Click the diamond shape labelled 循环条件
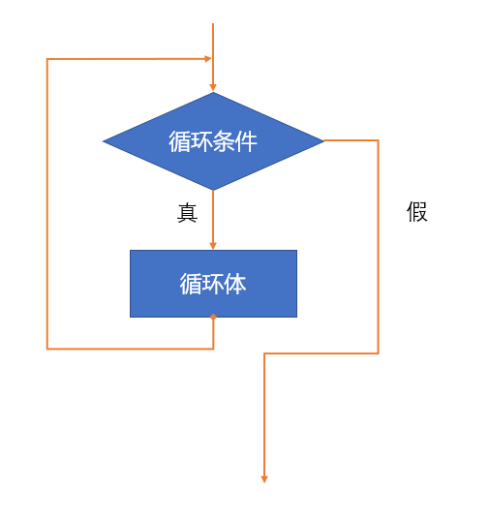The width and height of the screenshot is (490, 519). (x=213, y=141)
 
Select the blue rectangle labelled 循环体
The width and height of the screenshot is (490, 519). (x=213, y=284)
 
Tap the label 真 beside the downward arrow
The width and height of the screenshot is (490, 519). (x=188, y=213)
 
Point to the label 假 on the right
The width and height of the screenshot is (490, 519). (x=417, y=212)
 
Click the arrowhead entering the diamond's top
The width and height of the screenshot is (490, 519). (x=213, y=87)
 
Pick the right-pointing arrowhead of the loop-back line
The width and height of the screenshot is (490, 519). (x=208, y=59)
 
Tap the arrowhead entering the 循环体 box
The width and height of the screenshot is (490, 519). (x=213, y=246)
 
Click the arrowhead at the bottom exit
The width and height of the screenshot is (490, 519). (x=264, y=479)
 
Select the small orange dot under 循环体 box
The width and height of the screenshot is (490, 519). (x=213, y=317)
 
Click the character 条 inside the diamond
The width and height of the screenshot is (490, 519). (x=224, y=141)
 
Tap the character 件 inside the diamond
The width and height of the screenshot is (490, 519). (x=246, y=141)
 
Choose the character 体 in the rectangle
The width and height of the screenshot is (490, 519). (x=235, y=284)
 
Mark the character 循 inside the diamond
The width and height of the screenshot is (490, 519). (x=179, y=141)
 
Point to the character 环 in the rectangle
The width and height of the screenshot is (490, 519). (x=213, y=284)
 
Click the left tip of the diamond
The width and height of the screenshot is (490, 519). (x=104, y=141)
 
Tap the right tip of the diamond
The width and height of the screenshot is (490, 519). (x=323, y=140)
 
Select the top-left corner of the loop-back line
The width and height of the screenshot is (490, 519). (x=47, y=59)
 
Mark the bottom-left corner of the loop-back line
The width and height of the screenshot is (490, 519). (x=47, y=349)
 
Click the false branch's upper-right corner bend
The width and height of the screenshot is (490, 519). (x=378, y=140)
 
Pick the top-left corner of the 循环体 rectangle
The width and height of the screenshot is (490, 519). (x=130, y=250)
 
